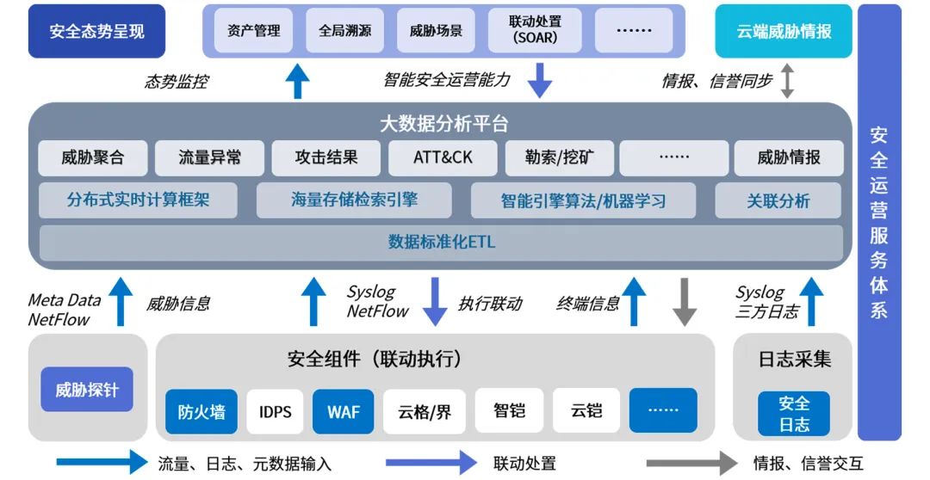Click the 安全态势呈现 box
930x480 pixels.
(96, 32)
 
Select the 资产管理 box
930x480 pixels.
(254, 30)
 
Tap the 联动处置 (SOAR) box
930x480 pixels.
(534, 30)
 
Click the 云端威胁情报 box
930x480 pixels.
(784, 32)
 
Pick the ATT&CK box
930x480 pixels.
(443, 158)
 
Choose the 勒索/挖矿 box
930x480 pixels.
(558, 158)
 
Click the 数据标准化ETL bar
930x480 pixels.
(441, 242)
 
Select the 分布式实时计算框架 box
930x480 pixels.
(139, 200)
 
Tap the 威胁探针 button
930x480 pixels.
(87, 390)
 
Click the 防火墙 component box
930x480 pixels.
(201, 411)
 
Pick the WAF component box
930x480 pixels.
(344, 411)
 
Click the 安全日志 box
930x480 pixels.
(794, 413)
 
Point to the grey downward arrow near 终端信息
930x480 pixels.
(684, 301)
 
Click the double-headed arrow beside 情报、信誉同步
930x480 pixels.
(787, 80)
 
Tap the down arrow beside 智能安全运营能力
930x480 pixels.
(539, 80)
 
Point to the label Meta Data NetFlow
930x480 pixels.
(64, 310)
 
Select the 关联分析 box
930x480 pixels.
(778, 200)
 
